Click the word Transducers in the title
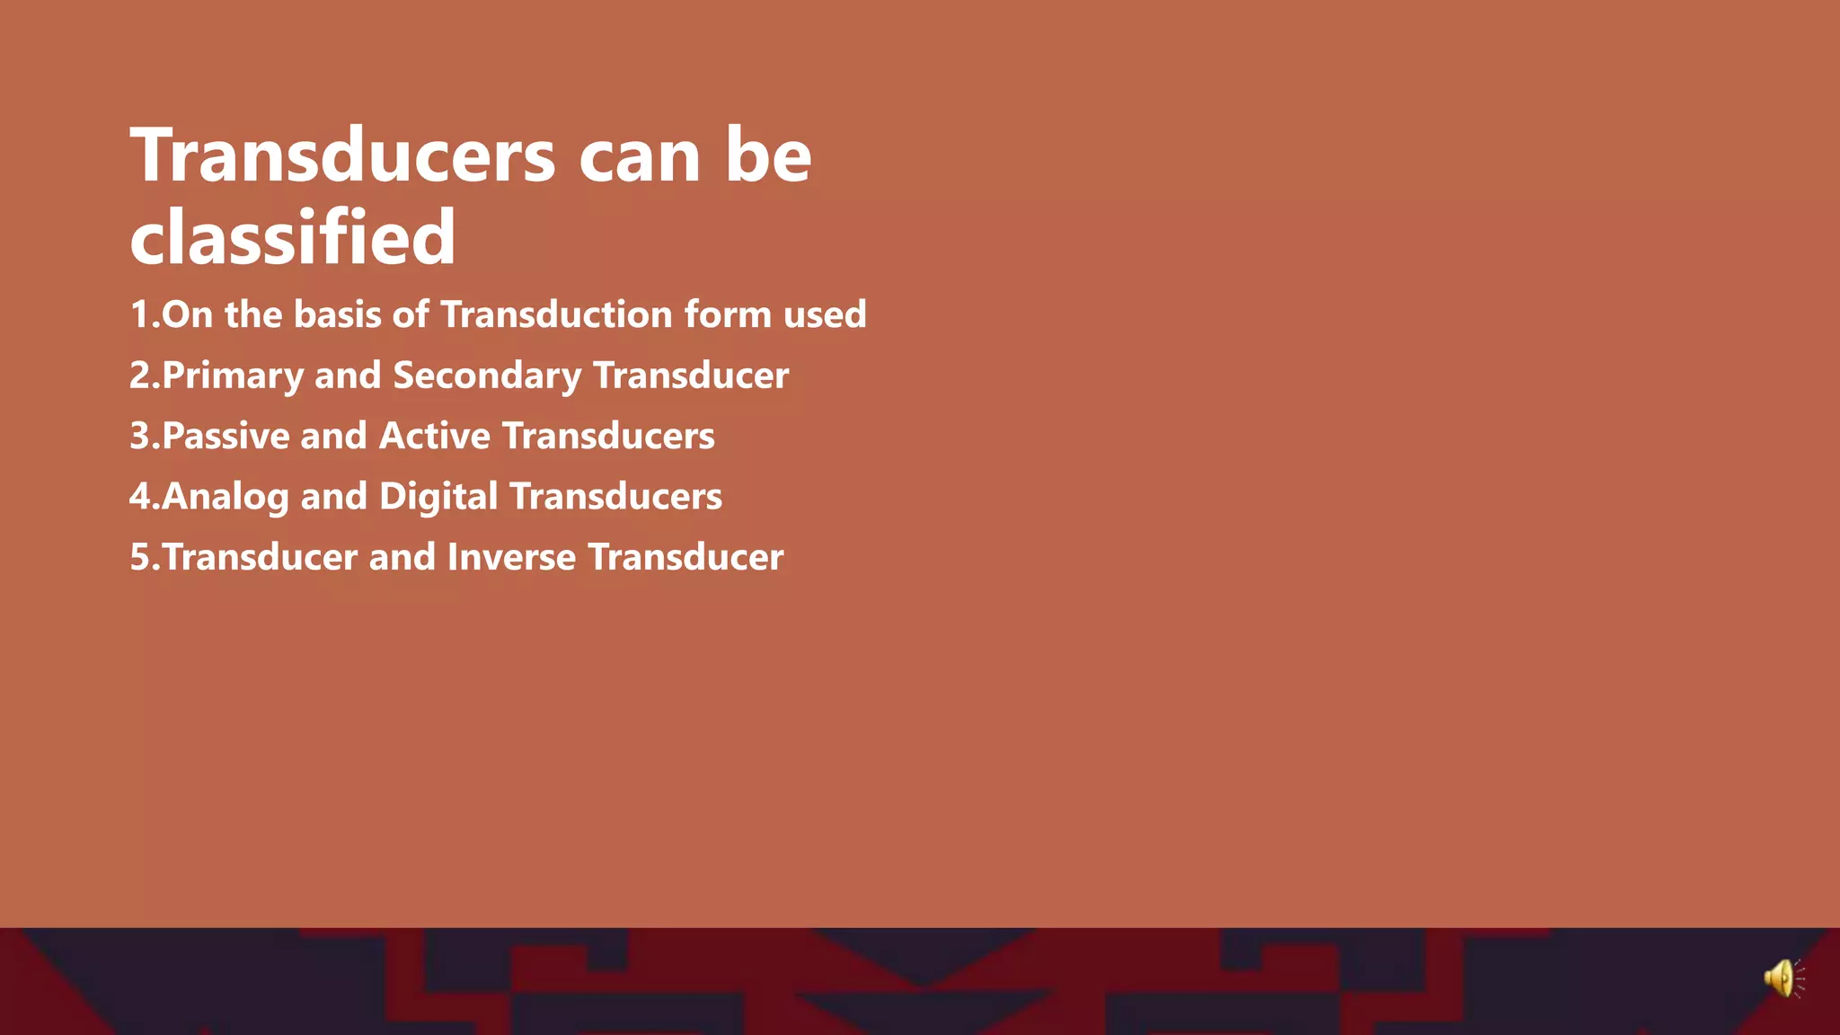342,155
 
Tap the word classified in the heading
293,236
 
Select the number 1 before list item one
139,315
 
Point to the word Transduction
556,315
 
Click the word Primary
233,376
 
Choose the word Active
435,436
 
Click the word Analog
226,497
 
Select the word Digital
438,497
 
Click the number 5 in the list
140,557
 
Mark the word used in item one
825,315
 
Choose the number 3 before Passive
140,436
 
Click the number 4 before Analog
140,497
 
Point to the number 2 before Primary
140,376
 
